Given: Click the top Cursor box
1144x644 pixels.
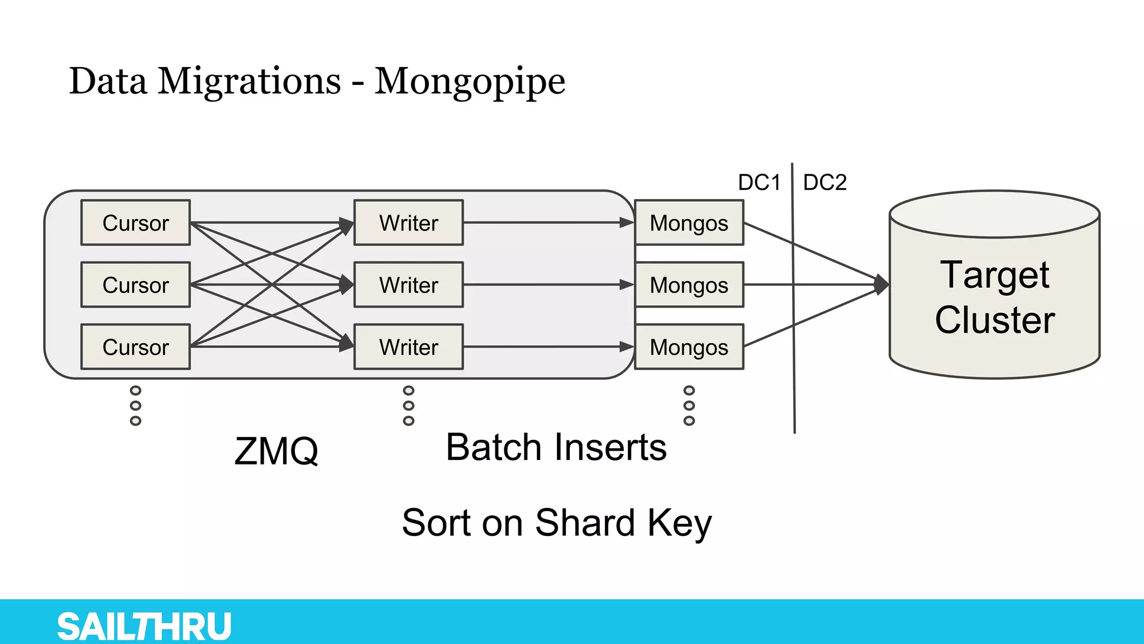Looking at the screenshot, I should click(136, 222).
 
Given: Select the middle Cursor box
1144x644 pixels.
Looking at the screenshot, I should click(136, 285).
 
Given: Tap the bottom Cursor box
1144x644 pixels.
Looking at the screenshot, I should click(136, 347).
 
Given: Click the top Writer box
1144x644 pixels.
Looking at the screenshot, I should click(408, 222).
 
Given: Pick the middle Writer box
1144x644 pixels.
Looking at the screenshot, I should click(408, 285).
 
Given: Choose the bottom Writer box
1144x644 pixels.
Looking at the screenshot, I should click(408, 347).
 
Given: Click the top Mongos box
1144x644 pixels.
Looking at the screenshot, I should click(689, 222).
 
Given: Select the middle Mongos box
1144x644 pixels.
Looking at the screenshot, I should click(689, 285).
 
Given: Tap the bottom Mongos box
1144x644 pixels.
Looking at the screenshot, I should click(689, 347).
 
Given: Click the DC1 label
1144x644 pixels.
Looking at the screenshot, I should click(759, 182).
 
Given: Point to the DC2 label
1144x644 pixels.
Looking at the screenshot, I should click(824, 182).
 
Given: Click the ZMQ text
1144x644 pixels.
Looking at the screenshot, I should click(276, 451).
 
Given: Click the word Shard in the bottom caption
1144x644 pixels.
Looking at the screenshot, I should click(585, 523).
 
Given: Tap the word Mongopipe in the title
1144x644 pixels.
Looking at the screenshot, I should click(470, 82).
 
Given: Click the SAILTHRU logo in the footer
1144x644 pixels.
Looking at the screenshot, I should click(144, 626).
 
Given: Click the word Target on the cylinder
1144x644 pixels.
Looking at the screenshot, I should click(994, 275).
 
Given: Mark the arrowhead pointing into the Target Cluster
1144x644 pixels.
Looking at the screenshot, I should click(881, 285).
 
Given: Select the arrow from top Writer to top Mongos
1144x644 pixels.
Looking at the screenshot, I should click(547, 222).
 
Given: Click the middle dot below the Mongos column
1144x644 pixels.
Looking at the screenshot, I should click(689, 405).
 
